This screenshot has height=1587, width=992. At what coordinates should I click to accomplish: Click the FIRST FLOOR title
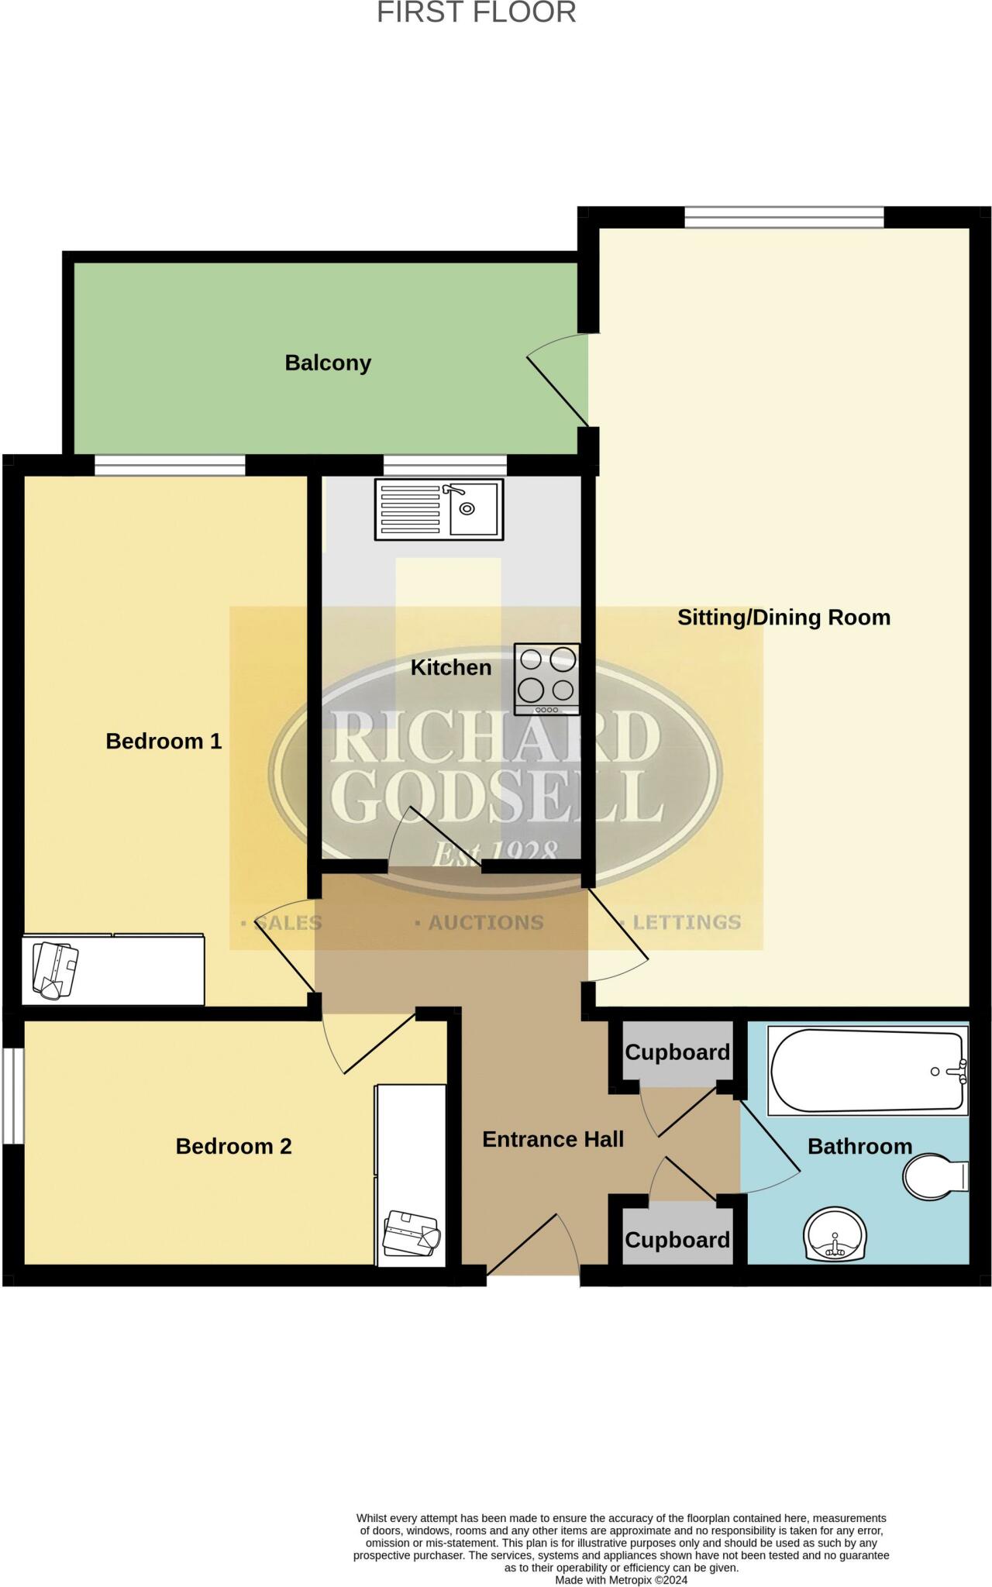(x=476, y=13)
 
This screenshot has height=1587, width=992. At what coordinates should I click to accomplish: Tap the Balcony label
(x=328, y=363)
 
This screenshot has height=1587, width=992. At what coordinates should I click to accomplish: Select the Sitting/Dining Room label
(x=784, y=618)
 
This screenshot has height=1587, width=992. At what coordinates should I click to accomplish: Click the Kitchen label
(x=450, y=667)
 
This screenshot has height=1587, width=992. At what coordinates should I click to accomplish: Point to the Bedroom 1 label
(x=164, y=742)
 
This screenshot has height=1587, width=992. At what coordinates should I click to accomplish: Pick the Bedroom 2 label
(x=233, y=1146)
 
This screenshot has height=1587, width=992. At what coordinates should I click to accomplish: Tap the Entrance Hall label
(x=553, y=1139)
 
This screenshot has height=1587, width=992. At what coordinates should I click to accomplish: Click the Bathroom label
(x=859, y=1146)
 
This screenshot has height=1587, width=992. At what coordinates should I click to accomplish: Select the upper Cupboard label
(x=677, y=1052)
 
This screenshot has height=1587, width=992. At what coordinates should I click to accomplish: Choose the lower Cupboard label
(x=677, y=1240)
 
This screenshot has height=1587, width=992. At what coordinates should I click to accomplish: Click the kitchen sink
(x=439, y=509)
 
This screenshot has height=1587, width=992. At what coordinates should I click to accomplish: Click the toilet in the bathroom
(x=935, y=1176)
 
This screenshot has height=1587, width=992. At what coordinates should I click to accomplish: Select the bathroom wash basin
(x=835, y=1235)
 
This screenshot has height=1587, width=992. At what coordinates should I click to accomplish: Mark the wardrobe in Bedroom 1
(x=113, y=969)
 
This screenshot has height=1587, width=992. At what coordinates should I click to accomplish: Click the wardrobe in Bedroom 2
(x=411, y=1175)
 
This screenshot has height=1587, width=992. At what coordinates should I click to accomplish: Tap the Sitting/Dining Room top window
(x=784, y=217)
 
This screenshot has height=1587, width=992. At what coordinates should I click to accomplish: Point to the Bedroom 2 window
(x=12, y=1095)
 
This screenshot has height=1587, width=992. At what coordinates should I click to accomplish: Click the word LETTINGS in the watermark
(x=686, y=922)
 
